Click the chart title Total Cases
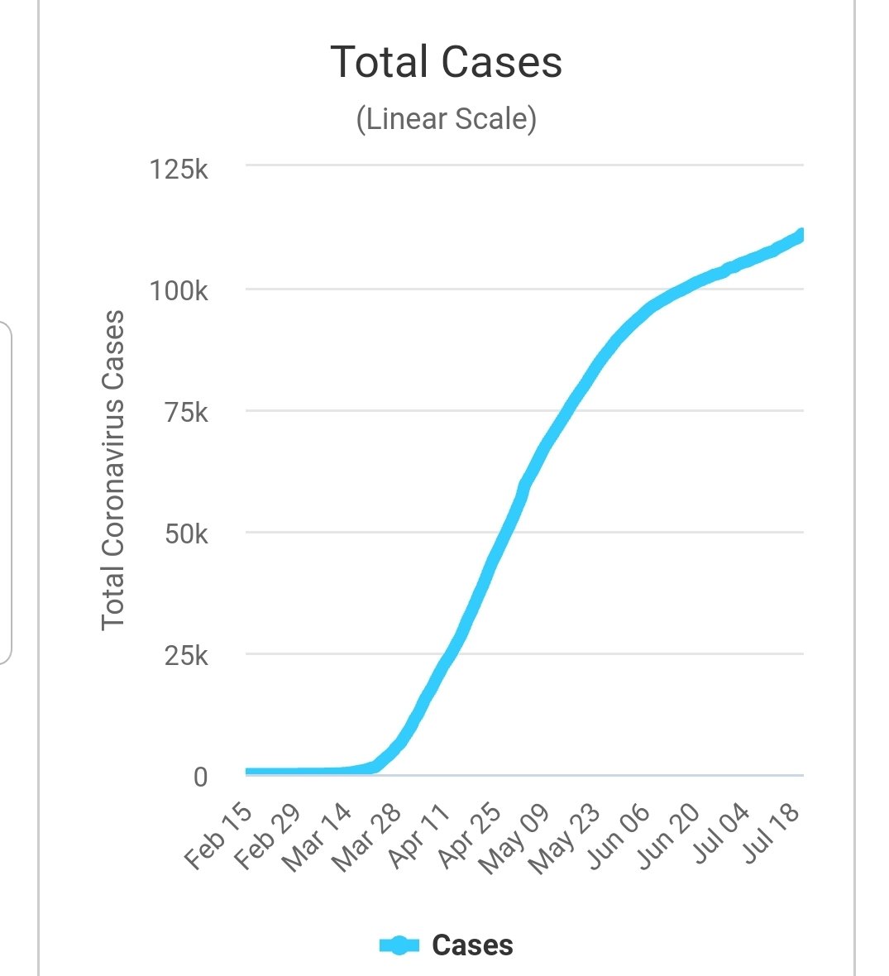coord(446,62)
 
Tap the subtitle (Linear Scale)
coord(446,119)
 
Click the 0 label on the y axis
coord(199,777)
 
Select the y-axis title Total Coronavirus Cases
coord(112,470)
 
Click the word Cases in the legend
coord(472,945)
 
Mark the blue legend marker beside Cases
coord(399,945)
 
